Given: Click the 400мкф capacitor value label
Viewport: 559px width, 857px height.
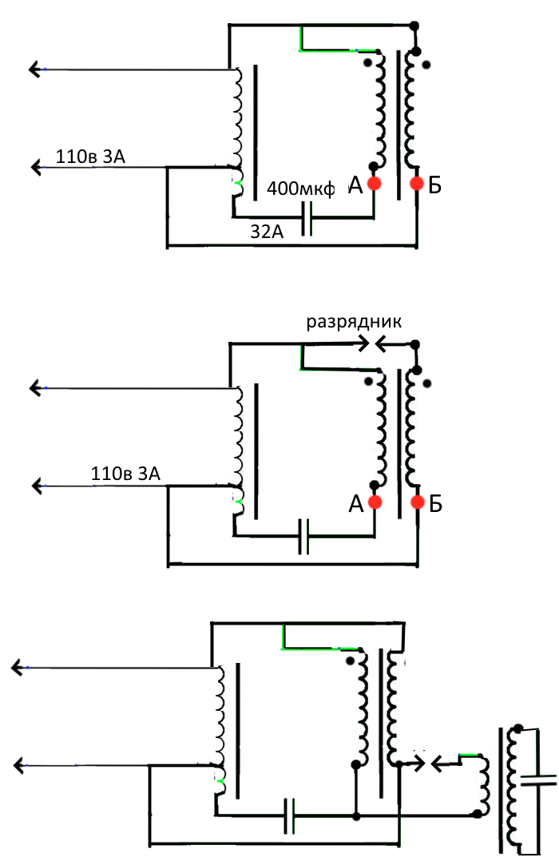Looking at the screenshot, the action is pos(300,188).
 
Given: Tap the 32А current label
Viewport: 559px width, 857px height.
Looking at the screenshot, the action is pos(267,232).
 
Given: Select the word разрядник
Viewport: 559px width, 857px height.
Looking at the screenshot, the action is pos(354,322).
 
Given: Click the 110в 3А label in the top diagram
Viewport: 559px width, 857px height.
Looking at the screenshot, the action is pos(90,157).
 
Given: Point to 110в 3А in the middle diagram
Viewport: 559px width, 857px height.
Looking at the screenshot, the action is pos(125,474).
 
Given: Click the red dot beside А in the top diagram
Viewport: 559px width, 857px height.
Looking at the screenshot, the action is pos(374,183).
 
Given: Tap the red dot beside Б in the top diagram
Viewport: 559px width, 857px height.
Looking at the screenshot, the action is pos(417,183).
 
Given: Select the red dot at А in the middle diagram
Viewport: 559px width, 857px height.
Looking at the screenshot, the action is pos(375,502).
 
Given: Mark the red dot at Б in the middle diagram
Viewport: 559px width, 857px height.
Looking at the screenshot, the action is pos(418,502).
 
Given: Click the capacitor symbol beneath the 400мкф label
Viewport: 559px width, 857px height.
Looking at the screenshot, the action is pos(307,218).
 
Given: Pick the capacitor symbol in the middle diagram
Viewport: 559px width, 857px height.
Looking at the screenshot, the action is pos(303,537).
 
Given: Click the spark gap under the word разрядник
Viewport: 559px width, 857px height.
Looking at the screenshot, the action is pos(374,343).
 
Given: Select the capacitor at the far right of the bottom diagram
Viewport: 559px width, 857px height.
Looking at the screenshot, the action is pos(538,780).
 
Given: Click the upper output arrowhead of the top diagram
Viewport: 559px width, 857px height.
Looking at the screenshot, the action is pos(35,69).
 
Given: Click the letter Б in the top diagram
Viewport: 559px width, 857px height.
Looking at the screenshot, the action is pos(435,186).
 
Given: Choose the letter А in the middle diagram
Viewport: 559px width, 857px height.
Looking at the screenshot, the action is pos(355,504).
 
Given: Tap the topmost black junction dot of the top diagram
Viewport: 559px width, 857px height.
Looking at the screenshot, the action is pos(414,26).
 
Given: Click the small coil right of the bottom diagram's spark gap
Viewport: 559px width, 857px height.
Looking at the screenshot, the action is pos(483,785).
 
